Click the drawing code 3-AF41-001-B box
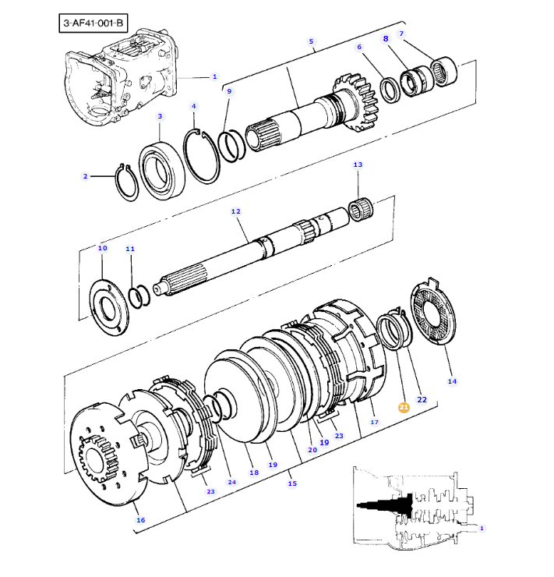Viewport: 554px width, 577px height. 94,23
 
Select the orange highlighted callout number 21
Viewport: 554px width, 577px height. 404,407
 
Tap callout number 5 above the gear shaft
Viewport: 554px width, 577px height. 311,41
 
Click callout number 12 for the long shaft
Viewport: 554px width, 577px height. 235,211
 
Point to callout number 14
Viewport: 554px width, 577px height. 452,381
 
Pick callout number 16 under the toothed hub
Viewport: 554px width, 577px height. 140,520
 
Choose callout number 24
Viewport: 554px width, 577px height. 231,482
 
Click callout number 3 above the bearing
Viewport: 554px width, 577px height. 160,116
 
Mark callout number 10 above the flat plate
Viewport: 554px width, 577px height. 102,248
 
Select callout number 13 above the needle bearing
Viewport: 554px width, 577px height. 358,165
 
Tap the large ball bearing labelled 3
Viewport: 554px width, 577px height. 162,171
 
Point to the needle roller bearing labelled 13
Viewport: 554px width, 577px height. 361,210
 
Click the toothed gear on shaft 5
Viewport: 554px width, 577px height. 356,102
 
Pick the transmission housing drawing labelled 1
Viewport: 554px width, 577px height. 121,76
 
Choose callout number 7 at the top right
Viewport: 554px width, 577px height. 401,34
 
